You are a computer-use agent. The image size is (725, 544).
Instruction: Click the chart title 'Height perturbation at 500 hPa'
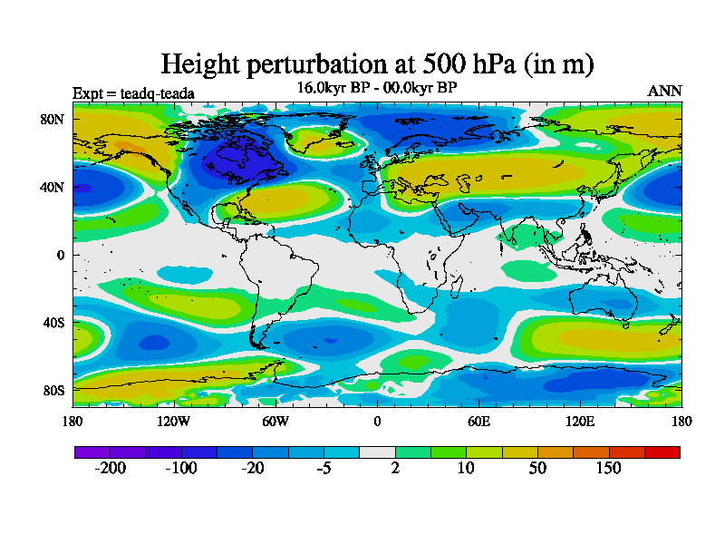point(377,64)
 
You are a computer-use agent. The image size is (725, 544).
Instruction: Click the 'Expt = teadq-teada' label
point(133,92)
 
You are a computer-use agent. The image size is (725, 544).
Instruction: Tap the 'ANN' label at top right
point(664,91)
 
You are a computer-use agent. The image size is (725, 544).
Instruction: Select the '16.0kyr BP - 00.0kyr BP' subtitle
point(377,87)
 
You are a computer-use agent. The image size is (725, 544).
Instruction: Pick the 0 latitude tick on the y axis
point(61,255)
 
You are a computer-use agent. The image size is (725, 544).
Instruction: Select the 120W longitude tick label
point(174,421)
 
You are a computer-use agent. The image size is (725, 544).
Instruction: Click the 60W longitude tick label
point(275,421)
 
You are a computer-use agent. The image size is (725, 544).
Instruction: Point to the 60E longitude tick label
point(478,421)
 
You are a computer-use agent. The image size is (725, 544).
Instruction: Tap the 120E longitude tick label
point(580,421)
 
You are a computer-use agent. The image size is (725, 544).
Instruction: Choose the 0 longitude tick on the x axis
point(377,421)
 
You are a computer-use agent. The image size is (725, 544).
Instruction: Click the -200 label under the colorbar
point(111,468)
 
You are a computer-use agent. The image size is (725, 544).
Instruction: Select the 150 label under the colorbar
point(609,468)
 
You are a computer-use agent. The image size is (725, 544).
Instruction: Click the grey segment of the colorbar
point(377,452)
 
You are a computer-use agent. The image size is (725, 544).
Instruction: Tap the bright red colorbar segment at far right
point(662,452)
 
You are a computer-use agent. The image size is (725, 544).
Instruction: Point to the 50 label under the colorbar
point(537,468)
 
